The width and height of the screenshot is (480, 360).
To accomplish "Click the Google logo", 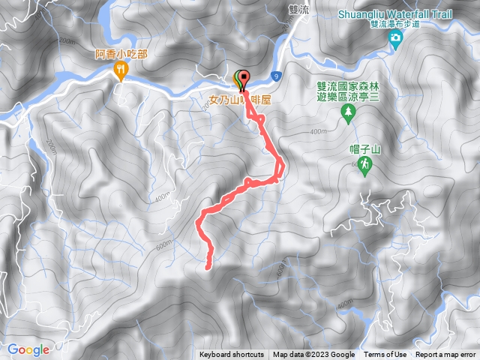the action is [x=28, y=349].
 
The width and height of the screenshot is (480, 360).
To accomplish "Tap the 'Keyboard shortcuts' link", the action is [x=232, y=355].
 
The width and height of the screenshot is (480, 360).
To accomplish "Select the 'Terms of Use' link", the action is [x=385, y=355].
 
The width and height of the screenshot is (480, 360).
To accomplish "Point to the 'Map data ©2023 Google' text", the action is [x=313, y=355].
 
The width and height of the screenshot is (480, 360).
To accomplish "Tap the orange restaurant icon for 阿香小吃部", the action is [x=121, y=70].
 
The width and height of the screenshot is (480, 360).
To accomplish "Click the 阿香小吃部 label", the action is [x=121, y=54].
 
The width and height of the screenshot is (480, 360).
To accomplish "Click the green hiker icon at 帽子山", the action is [x=365, y=165].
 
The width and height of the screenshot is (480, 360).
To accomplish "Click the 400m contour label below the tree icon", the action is [x=318, y=132].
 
